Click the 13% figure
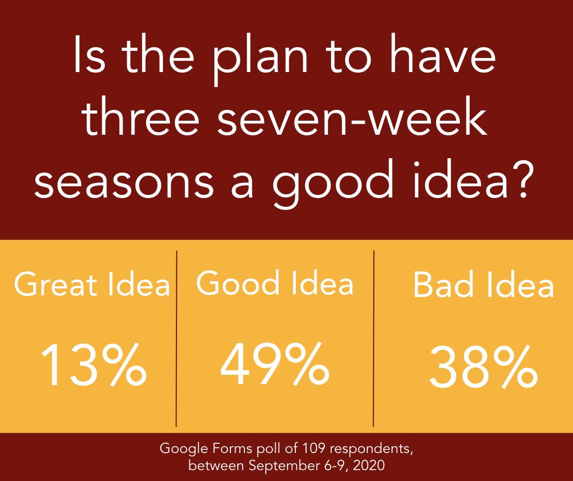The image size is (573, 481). coord(93,364)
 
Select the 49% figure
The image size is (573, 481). coord(275,363)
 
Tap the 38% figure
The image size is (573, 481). coord(483,366)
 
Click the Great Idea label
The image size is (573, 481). coord(92,284)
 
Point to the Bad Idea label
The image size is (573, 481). coord(483,284)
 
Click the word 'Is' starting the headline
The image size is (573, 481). coord(89,54)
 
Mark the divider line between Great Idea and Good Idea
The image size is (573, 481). coord(176,338)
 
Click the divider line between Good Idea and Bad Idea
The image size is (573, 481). coord(374,338)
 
